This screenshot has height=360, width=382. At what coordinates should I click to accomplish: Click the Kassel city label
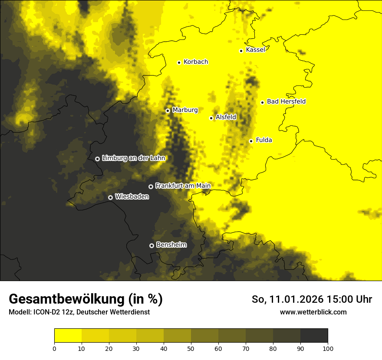255,50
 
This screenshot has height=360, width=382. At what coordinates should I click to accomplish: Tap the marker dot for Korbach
179,62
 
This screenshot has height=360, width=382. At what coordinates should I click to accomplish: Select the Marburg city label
185,110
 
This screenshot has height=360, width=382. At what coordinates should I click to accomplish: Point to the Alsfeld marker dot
211,118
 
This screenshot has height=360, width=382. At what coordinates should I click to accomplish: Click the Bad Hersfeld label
286,101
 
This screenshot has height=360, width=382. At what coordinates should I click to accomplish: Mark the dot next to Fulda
251,141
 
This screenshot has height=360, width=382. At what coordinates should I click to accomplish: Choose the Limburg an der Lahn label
134,158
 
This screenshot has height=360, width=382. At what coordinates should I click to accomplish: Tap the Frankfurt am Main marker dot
151,187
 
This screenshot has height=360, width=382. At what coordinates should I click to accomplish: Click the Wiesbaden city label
132,197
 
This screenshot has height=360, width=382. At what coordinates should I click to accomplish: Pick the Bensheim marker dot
151,245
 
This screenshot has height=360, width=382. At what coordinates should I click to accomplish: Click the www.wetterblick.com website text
313,312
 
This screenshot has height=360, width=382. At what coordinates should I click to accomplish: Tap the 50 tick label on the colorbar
191,348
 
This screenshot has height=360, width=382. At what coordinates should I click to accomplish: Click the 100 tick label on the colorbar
328,348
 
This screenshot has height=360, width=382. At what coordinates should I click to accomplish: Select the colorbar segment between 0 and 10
68,336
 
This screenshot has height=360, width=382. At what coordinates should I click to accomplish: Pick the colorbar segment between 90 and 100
314,336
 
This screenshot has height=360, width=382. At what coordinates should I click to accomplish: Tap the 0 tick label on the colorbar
54,348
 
